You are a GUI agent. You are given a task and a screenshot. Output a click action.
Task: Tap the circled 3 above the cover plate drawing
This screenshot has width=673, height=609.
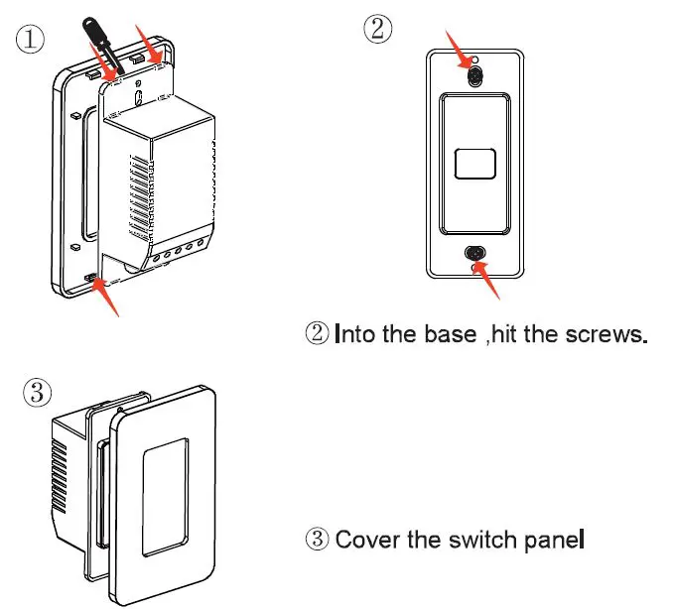point(37,393)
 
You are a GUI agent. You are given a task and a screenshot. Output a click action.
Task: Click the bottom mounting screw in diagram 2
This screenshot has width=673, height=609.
point(474,255)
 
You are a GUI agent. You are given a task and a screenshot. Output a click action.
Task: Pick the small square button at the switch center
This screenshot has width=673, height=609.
point(474,163)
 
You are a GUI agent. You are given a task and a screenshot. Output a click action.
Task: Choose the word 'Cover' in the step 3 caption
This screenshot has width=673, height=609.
point(366,541)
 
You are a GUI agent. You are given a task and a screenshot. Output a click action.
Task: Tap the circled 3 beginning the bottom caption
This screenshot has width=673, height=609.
point(316,541)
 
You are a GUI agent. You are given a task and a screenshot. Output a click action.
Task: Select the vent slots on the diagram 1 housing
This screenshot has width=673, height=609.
point(144,198)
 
